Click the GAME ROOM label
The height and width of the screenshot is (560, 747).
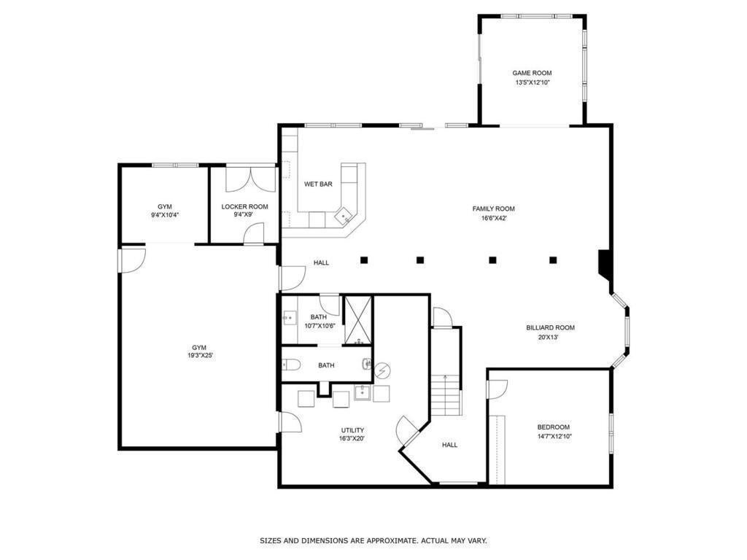point(532,73)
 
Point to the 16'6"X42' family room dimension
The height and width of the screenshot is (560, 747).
point(493,218)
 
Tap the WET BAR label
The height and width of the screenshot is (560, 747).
point(318,184)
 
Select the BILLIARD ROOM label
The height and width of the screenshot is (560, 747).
point(550,327)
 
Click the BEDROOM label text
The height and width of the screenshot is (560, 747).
point(553,427)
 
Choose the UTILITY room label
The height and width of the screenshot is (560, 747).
point(352,429)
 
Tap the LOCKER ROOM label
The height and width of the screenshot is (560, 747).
point(244,206)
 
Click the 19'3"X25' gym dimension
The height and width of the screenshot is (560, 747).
point(199,356)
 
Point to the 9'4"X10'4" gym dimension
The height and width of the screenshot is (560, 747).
point(165,215)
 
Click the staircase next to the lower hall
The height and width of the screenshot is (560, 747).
point(445,394)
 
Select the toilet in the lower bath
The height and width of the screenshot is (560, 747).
point(290,365)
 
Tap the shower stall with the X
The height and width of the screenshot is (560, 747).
point(357,319)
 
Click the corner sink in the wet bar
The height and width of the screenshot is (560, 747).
point(341,217)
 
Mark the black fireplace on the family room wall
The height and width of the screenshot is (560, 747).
point(604,264)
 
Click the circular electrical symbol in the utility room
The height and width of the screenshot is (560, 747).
point(382,371)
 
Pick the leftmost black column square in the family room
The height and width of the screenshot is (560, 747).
point(363,260)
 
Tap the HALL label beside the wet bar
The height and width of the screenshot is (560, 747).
point(321,262)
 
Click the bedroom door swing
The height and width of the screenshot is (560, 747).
point(494,389)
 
